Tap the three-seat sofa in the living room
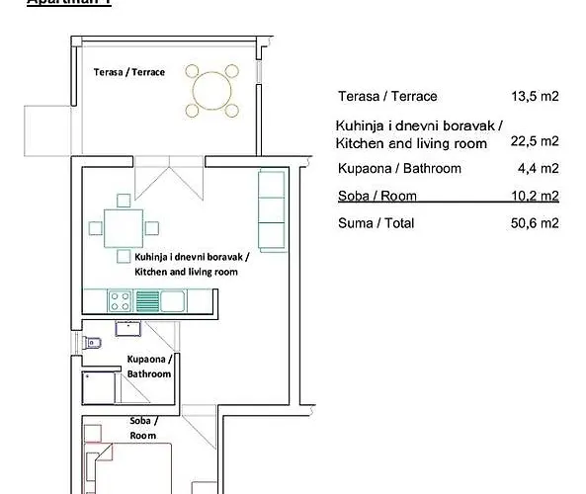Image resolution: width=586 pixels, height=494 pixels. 271,208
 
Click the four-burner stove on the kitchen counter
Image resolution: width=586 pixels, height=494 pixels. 121,298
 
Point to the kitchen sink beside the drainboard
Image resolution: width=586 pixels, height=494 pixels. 174,298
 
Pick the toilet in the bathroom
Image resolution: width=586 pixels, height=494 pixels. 92,343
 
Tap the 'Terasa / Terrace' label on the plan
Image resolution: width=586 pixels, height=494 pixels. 129,72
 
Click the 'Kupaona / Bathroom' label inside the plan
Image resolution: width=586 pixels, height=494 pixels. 148,367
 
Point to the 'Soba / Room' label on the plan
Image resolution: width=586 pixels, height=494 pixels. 143,427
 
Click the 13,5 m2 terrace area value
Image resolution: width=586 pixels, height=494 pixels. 535,97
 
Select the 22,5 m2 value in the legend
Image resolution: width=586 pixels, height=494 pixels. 535,141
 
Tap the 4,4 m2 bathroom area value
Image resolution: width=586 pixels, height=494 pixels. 539,168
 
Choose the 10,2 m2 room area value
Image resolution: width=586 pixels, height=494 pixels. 535,195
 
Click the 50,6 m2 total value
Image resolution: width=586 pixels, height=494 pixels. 535,223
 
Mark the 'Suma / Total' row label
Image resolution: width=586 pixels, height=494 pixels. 376,223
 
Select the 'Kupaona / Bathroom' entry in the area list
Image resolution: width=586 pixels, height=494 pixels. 399,168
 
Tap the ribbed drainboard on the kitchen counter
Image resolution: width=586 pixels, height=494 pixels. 147,298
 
